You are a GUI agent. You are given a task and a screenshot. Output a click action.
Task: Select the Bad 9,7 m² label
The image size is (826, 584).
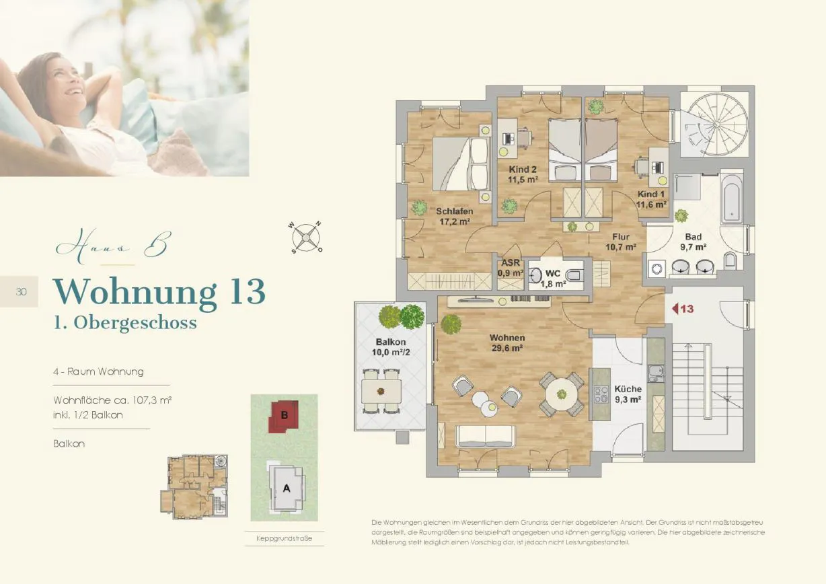(693, 242)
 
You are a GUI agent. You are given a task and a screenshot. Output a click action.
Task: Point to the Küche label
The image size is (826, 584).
(628, 389)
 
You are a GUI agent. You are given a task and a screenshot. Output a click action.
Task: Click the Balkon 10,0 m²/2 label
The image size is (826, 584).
(391, 347)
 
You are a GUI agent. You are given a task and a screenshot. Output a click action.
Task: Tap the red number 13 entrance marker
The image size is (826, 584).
(683, 308)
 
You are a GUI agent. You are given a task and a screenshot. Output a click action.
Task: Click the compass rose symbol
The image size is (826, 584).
(305, 238)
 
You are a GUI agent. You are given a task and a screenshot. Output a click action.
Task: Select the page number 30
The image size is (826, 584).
(22, 292)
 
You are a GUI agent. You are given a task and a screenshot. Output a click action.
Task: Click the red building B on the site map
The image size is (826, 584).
(284, 416)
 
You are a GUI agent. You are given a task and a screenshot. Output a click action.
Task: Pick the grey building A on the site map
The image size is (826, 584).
(287, 487)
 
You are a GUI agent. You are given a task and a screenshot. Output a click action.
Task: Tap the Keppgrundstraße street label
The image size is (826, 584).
(284, 538)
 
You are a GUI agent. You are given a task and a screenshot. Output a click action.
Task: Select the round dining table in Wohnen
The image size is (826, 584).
(561, 394)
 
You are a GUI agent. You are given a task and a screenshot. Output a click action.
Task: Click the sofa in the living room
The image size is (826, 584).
(485, 437)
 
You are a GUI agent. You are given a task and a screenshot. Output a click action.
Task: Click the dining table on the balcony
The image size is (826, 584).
(381, 392)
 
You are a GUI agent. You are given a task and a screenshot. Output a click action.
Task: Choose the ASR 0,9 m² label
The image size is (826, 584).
(511, 268)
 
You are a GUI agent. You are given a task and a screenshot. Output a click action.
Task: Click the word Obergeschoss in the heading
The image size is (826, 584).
(135, 323)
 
